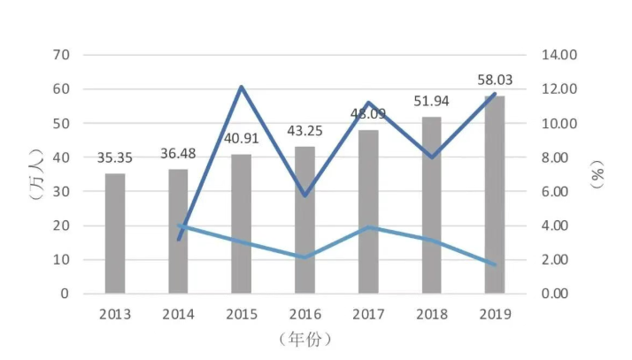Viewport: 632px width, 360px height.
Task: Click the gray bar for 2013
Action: (x=115, y=234)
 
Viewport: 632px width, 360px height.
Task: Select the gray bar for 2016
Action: (x=304, y=220)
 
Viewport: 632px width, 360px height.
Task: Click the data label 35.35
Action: (x=115, y=159)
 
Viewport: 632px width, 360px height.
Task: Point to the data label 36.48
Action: (x=178, y=154)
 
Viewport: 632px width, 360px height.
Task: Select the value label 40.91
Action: (x=241, y=139)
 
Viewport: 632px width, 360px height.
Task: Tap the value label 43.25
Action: (x=304, y=131)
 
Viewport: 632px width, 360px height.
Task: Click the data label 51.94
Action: (x=431, y=102)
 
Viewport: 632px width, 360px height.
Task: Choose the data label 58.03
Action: (x=494, y=80)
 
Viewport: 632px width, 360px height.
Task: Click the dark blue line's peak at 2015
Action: (x=242, y=87)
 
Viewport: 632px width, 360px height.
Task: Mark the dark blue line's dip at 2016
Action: (x=304, y=195)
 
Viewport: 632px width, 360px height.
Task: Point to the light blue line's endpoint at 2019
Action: (x=495, y=264)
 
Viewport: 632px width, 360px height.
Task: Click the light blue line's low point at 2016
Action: (x=304, y=257)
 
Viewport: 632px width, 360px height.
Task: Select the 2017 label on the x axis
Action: (x=367, y=313)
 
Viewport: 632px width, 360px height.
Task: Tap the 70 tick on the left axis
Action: (x=61, y=55)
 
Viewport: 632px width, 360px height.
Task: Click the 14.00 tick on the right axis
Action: (x=559, y=55)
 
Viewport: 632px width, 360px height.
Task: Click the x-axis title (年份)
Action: (x=304, y=339)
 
